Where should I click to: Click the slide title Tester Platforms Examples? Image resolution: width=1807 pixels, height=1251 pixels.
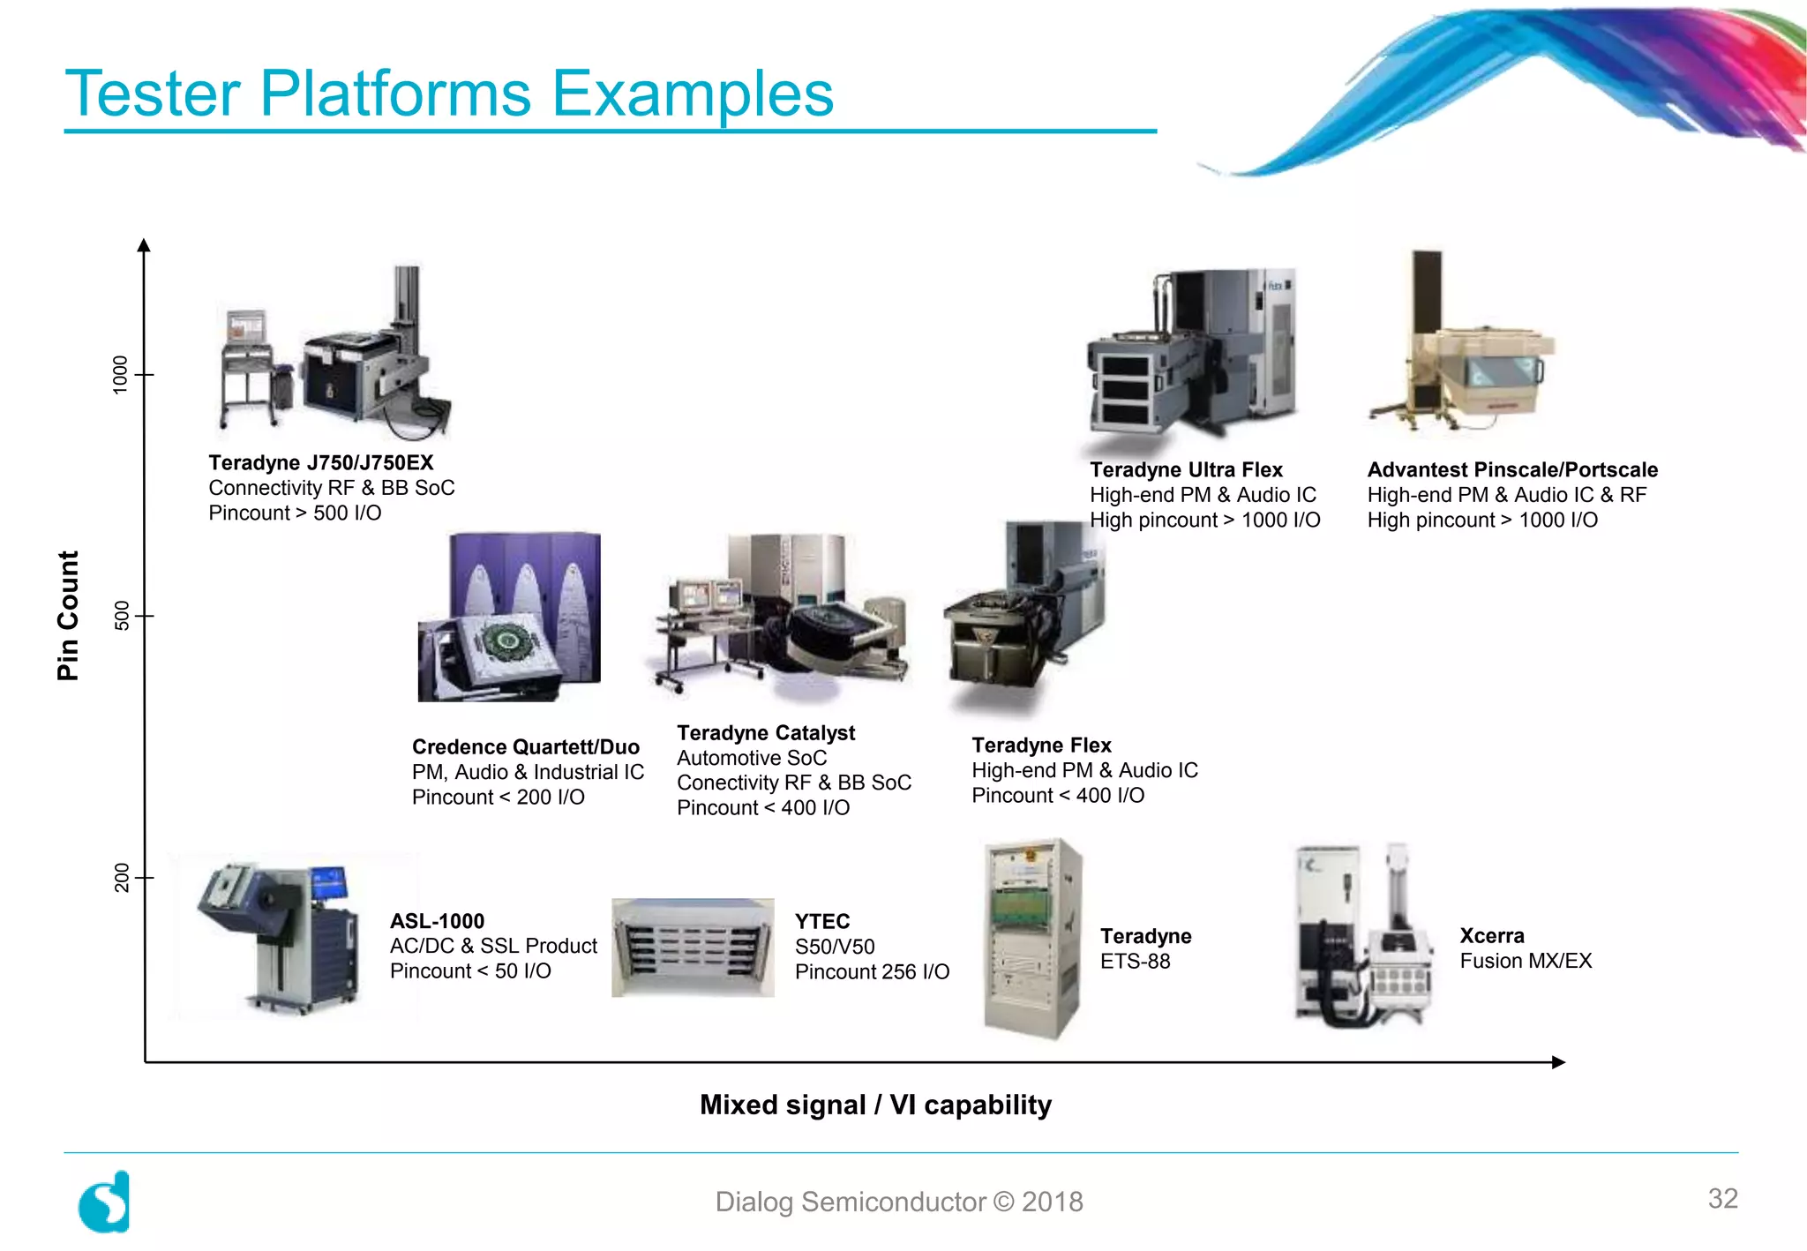[449, 94]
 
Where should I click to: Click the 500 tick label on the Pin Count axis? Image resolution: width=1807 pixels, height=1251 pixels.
[122, 616]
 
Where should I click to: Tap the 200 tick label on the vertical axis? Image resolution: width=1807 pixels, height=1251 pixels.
[122, 878]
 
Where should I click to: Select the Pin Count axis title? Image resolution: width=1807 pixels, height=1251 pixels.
[68, 616]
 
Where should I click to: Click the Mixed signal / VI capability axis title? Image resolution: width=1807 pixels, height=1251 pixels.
[875, 1105]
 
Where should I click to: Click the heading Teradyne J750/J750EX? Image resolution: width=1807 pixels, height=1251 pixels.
[321, 463]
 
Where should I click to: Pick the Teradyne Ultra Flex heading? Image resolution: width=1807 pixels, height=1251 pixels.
[1186, 470]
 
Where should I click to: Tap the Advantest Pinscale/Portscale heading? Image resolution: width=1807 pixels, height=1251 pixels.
[1512, 470]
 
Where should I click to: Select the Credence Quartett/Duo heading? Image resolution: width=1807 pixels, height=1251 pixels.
[526, 747]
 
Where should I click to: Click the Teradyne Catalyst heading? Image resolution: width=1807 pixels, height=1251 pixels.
[766, 733]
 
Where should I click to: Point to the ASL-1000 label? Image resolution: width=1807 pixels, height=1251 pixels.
[437, 921]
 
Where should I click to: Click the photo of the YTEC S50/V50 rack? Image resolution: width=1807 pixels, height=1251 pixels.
[693, 948]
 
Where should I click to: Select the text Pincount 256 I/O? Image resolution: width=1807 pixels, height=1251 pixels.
[872, 972]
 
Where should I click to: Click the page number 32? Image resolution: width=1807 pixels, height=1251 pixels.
[1722, 1198]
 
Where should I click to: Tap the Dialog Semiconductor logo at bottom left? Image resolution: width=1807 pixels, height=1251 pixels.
[104, 1202]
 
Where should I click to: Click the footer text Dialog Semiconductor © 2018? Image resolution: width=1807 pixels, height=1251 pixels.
[898, 1202]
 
